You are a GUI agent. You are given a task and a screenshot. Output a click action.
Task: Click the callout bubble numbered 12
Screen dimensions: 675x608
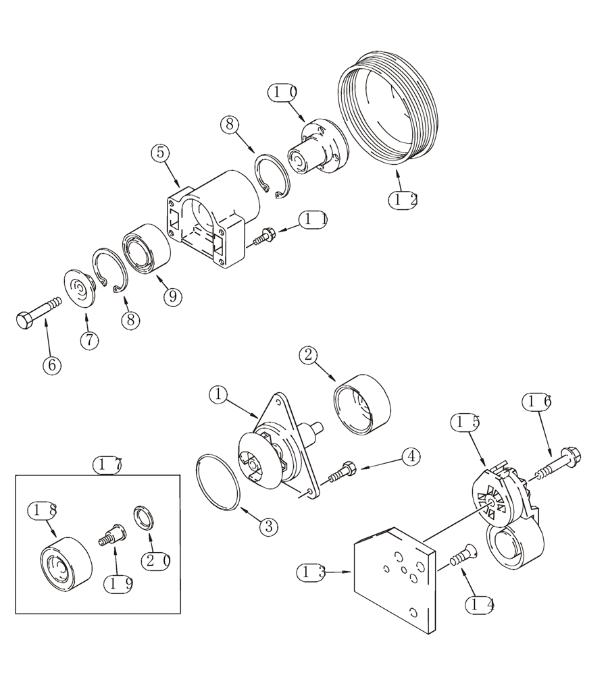pos(403,200)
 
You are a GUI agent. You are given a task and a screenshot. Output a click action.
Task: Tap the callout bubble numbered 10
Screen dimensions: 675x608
pos(282,92)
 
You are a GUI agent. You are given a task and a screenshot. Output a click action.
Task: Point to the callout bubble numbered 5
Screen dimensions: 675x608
pos(160,153)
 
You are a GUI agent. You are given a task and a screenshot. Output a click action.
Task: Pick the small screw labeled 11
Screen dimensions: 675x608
pos(264,236)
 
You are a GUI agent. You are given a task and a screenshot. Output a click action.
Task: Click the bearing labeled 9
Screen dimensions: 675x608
pos(144,250)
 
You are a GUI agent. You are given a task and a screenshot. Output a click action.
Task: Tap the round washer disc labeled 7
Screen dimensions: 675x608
pos(80,289)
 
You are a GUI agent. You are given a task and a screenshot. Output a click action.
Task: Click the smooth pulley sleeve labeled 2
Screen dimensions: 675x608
pos(363,404)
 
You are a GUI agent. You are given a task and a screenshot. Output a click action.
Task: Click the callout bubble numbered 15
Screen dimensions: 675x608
pos(465,422)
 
